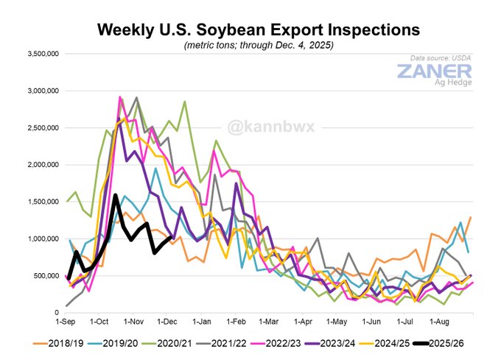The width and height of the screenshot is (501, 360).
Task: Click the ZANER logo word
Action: click(x=434, y=72)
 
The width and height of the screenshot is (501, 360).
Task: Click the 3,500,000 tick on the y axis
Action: click(x=43, y=54)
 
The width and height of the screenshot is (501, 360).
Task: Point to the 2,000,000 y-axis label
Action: click(x=43, y=165)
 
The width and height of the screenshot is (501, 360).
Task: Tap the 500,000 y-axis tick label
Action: click(x=46, y=275)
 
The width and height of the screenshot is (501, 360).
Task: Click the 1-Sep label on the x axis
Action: click(x=66, y=322)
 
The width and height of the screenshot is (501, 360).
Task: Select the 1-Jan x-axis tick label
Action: click(x=201, y=322)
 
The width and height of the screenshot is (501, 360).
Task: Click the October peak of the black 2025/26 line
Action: click(x=116, y=195)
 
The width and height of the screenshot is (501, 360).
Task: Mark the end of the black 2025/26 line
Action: click(x=171, y=236)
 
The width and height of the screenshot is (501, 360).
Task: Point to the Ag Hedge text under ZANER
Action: click(x=449, y=86)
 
